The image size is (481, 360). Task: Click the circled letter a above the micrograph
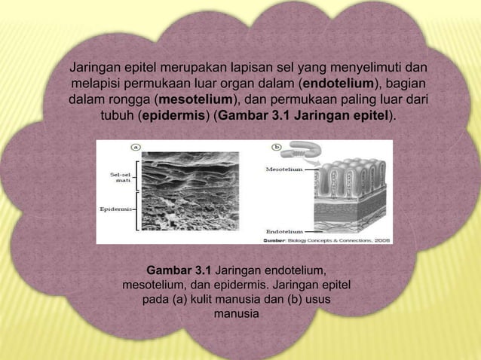pos(138,146)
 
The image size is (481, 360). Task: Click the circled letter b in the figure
pos(276,146)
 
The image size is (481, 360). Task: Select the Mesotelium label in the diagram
pos(286,170)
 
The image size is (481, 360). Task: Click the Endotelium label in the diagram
pos(285,231)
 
